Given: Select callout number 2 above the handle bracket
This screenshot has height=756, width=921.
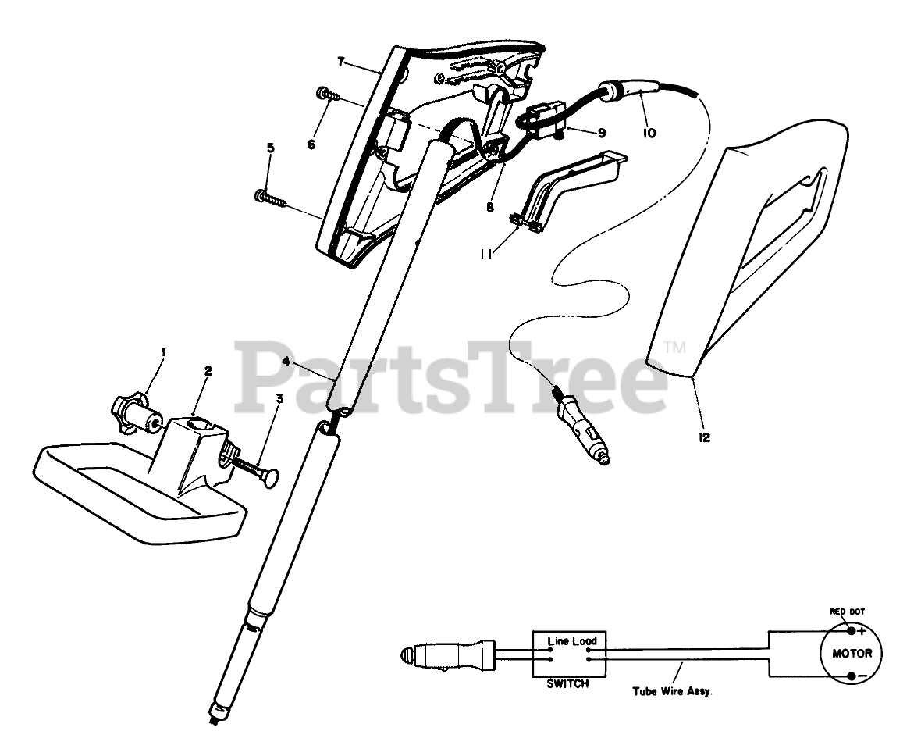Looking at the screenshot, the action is [x=208, y=372].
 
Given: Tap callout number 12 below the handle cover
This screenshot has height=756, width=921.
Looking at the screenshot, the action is [x=705, y=437].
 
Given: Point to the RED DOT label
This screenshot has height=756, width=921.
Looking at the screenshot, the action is [x=847, y=612].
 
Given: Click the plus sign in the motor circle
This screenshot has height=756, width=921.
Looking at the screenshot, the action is [x=861, y=629].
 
